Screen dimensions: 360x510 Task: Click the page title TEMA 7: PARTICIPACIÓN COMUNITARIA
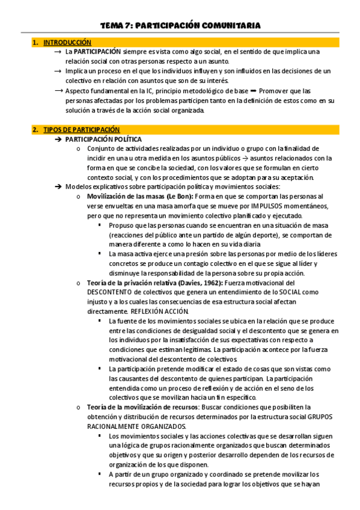(180, 25)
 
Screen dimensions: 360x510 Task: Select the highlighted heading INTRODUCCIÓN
(67, 43)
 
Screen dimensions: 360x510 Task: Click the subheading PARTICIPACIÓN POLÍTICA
(103, 139)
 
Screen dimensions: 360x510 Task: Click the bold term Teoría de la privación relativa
(133, 283)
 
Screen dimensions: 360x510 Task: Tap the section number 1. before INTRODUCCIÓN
(36, 43)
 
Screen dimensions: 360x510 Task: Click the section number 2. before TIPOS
(36, 129)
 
